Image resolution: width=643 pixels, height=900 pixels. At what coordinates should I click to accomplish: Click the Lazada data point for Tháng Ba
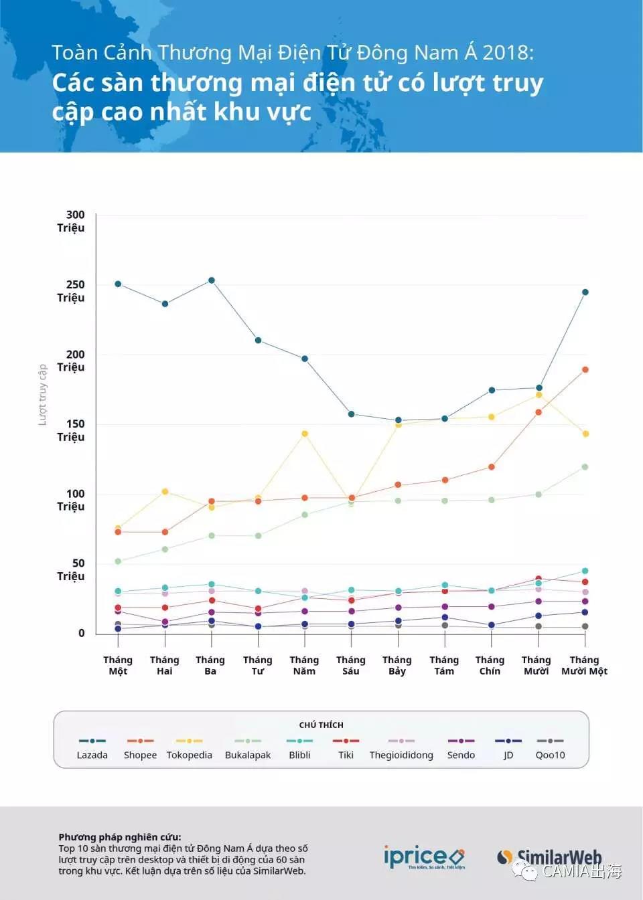click(212, 280)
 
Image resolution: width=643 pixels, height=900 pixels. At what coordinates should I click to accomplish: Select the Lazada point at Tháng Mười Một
click(585, 292)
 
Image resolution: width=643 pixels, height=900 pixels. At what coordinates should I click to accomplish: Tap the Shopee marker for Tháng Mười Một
click(585, 369)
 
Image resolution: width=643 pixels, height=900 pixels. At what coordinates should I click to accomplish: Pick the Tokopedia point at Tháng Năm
click(305, 434)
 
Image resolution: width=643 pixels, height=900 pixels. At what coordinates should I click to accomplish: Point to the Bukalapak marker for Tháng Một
click(118, 561)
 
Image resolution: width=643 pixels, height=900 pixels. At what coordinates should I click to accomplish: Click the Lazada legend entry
click(92, 748)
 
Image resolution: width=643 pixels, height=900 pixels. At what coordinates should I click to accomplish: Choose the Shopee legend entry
click(140, 748)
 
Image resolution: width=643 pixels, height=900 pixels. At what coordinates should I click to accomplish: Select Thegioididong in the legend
click(401, 748)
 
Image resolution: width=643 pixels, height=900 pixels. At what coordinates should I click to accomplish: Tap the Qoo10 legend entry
click(550, 748)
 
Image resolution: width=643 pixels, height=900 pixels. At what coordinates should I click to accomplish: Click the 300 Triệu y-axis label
click(72, 221)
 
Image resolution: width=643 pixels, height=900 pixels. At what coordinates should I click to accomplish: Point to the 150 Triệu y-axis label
click(72, 430)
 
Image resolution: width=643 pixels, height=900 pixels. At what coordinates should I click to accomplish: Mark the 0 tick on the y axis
click(82, 633)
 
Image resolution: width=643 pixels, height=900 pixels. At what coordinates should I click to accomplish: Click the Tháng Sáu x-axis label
click(351, 665)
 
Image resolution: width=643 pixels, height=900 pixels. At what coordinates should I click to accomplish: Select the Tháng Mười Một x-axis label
click(584, 665)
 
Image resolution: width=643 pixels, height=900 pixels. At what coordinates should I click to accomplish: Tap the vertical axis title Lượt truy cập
click(42, 395)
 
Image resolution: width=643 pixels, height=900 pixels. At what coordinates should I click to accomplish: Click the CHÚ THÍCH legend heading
click(321, 725)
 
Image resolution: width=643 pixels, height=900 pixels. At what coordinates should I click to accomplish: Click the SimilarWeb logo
click(551, 857)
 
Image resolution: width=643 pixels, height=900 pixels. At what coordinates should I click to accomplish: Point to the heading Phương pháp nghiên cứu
click(119, 837)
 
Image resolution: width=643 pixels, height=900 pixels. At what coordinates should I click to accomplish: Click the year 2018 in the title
click(508, 53)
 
